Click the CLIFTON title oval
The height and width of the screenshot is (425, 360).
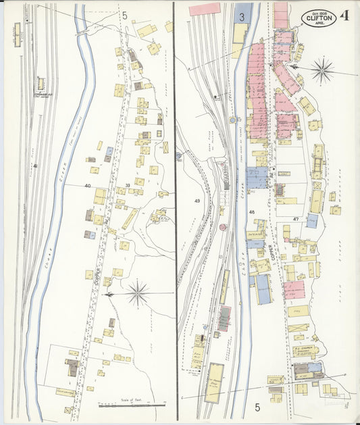(318, 18)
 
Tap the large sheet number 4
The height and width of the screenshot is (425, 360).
(344, 16)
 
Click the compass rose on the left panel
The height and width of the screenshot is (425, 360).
(138, 293)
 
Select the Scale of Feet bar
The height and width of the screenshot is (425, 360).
(132, 405)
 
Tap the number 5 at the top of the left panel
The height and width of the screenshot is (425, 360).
(124, 14)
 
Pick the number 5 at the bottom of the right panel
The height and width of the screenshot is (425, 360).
(257, 407)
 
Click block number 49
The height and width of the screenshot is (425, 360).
(197, 201)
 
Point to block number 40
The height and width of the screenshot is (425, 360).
(87, 185)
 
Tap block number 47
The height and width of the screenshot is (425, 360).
(296, 220)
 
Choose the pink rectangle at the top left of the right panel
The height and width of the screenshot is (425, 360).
(205, 9)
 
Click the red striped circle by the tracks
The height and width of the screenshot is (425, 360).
(222, 228)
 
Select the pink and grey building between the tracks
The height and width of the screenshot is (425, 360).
(224, 318)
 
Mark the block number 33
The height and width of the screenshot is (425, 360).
(128, 185)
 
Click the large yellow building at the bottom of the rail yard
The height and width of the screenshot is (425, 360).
(214, 382)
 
